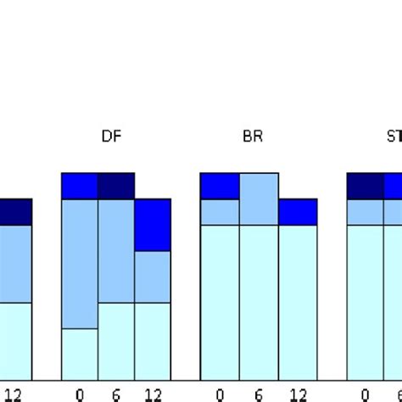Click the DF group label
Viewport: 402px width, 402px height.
point(110,137)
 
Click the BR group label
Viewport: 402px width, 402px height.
point(253,137)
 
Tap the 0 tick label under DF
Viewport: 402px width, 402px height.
point(80,394)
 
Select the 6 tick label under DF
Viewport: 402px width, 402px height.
point(116,394)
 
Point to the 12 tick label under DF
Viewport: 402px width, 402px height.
point(152,394)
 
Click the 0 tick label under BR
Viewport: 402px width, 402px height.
point(220,394)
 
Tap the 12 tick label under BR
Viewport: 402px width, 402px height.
point(297,394)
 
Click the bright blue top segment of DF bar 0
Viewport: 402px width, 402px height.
point(80,186)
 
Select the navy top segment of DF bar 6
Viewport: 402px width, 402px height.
point(116,186)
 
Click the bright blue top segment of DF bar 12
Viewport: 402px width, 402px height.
point(153,225)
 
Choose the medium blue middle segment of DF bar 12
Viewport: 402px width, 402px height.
point(153,276)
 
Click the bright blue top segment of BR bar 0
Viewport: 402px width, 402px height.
point(220,186)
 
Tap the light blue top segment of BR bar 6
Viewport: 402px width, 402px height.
point(259,198)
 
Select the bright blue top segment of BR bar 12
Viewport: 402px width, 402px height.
point(298,212)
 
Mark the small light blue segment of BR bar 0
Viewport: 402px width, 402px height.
point(220,212)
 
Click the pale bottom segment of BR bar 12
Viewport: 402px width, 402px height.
point(298,301)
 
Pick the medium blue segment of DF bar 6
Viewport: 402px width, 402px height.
point(116,250)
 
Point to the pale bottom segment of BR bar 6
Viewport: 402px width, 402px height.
point(259,301)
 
